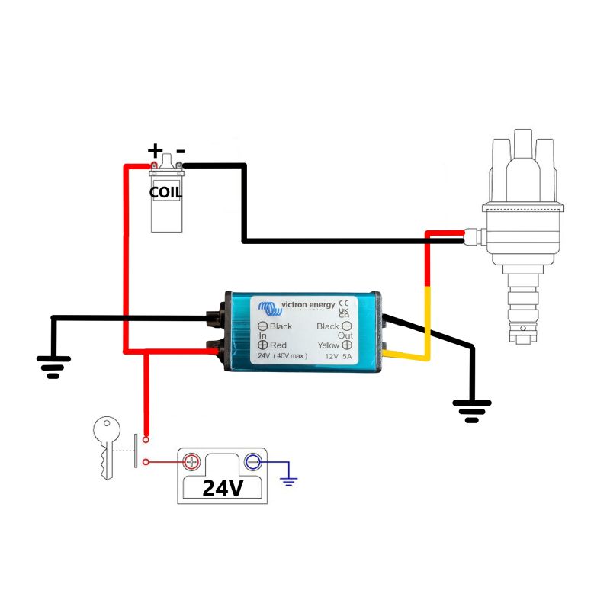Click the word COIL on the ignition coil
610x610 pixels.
[165, 192]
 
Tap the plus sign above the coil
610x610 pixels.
[155, 150]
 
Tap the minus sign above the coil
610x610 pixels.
[181, 150]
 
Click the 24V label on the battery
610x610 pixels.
[223, 488]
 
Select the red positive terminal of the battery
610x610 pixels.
[191, 462]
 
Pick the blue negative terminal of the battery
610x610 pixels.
[252, 462]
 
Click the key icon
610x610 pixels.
[106, 446]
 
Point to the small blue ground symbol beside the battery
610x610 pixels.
[289, 480]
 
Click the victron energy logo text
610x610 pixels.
[309, 305]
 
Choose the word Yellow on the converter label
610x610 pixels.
[328, 345]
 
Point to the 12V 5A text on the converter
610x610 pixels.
[338, 356]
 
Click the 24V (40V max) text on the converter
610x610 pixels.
[281, 356]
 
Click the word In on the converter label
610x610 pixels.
[262, 335]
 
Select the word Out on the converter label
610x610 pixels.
[345, 335]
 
